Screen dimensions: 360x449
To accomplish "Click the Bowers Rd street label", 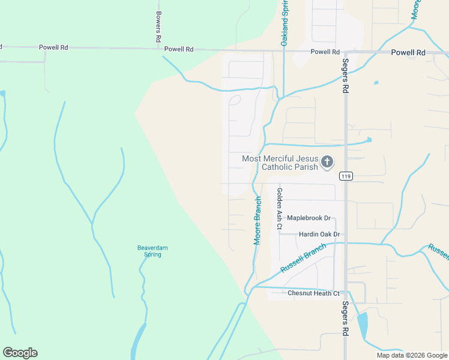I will coord(158,26).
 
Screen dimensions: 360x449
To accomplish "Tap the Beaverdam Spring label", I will coord(149,251).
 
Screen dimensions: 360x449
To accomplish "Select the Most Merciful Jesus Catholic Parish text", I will coord(280,163).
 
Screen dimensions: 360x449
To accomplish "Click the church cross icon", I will coord(327,162).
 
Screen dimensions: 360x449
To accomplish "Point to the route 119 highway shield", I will coord(345,176).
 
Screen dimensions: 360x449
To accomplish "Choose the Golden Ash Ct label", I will coord(279,209).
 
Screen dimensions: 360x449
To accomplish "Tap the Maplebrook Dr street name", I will coord(309,218).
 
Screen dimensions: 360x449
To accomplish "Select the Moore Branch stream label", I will coord(258,220).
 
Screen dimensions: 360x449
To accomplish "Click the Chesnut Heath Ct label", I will coord(313,293).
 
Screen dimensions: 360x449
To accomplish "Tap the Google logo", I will coord(20,353).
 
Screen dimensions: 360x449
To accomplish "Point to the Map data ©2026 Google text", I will coord(412,355).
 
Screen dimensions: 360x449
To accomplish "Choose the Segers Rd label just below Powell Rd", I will coord(346,76).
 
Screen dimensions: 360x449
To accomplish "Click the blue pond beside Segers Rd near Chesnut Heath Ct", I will coord(363,326).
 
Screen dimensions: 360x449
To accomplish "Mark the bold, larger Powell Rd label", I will coord(408,53).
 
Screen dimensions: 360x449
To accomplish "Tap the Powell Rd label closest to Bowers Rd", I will coord(179,49).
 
